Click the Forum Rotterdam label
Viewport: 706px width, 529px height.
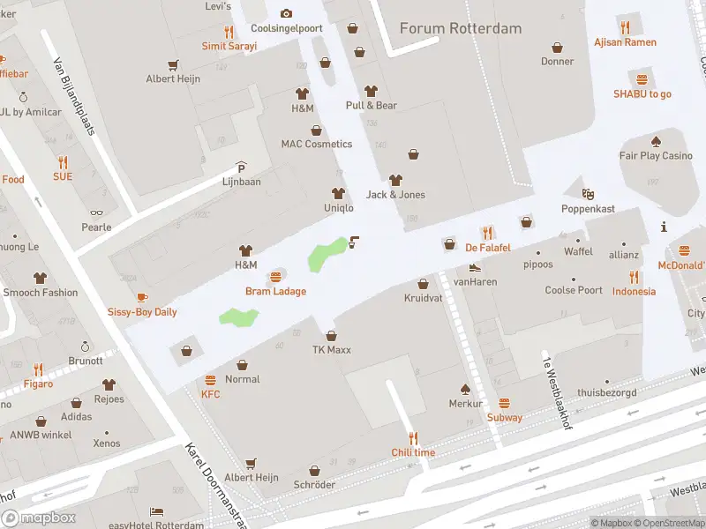coord(460,28)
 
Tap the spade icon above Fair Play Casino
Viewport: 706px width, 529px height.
coord(656,141)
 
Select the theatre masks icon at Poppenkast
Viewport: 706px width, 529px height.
coord(588,193)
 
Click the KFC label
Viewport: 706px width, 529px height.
coord(210,394)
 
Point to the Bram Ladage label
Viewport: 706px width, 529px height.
coord(275,291)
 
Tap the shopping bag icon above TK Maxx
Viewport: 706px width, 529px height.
coord(331,335)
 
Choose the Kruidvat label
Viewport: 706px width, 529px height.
coord(423,298)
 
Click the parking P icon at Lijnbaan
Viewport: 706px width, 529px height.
coord(241,167)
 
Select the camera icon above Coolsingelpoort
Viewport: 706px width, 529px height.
coord(286,13)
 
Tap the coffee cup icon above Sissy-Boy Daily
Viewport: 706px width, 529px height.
coord(142,297)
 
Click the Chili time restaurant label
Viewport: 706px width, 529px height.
coord(413,452)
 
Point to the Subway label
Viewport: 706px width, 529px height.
coord(504,417)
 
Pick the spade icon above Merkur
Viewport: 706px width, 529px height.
coord(465,389)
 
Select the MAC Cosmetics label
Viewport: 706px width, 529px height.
coord(316,144)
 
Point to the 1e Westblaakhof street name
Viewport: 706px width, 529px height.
coord(554,388)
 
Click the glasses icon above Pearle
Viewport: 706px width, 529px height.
coord(96,212)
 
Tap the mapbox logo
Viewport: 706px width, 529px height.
coord(38,518)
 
